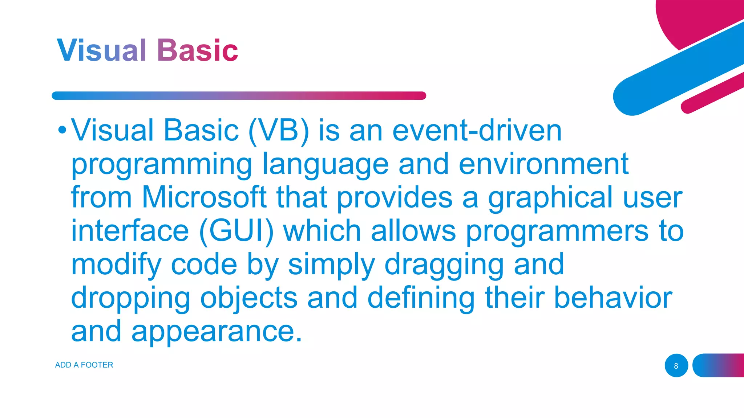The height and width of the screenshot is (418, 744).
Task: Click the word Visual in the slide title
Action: (101, 50)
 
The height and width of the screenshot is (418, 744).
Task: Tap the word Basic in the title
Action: (198, 50)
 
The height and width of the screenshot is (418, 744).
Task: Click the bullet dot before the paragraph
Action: (62, 130)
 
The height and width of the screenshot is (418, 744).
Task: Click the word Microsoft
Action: (204, 197)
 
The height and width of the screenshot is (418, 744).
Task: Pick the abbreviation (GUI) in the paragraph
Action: (236, 231)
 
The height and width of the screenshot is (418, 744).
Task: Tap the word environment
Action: (543, 164)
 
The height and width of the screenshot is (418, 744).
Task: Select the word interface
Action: (130, 231)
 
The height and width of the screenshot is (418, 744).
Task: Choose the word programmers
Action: (557, 232)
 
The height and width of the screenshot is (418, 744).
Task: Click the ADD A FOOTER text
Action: (84, 365)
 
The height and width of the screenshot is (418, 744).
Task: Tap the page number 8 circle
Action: (676, 365)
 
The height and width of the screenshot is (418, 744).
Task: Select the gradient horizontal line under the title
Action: (239, 96)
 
